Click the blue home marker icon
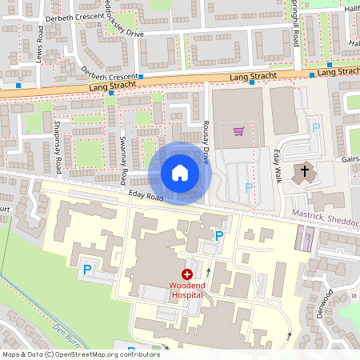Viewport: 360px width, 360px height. pyautogui.click(x=180, y=173)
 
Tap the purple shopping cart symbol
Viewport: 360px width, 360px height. pyautogui.click(x=238, y=131)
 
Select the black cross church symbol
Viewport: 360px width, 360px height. pyautogui.click(x=304, y=170)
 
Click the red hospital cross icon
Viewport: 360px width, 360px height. pyautogui.click(x=186, y=274)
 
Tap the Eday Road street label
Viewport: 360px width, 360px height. pyautogui.click(x=145, y=196)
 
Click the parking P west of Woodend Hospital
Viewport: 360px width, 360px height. pyautogui.click(x=86, y=270)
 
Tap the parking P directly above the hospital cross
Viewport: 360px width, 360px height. pyautogui.click(x=219, y=235)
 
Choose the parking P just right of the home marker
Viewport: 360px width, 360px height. pyautogui.click(x=249, y=188)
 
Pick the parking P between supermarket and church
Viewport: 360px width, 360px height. pyautogui.click(x=315, y=127)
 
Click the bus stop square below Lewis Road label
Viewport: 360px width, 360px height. pyautogui.click(x=18, y=84)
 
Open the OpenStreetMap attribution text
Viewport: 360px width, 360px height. pyautogui.click(x=80, y=354)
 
